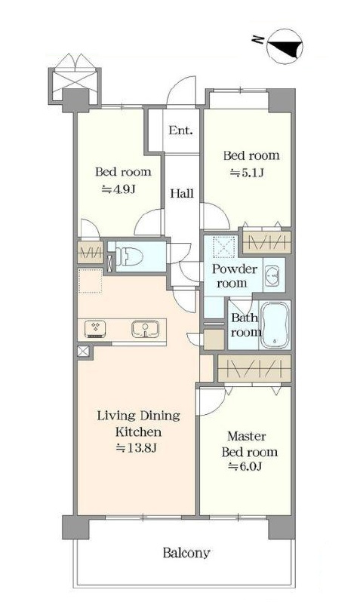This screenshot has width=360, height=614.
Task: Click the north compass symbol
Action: [285, 46]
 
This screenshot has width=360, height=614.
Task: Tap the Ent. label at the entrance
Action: [180, 130]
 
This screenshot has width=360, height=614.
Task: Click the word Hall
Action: [182, 193]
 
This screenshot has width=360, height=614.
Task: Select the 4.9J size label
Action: [119, 189]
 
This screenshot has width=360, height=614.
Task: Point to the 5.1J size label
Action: [246, 172]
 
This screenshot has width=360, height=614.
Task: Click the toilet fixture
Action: [128, 256]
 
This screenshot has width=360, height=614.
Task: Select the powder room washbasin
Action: [272, 275]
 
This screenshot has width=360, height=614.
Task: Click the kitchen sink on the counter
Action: [145, 330]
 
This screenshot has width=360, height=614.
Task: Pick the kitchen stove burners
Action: [95, 329]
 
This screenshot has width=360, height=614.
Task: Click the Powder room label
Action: [235, 276]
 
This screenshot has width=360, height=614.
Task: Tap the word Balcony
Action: [186, 553]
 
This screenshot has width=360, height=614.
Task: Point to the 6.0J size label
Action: [246, 467]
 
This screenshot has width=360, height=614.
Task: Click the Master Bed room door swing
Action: [211, 401]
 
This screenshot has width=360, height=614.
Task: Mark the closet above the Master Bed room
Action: [254, 368]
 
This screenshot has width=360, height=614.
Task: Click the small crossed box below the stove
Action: [84, 352]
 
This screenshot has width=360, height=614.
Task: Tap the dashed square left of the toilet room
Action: [90, 281]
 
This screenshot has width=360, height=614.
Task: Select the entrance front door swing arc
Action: [181, 91]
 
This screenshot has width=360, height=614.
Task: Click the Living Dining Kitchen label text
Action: [139, 423]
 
